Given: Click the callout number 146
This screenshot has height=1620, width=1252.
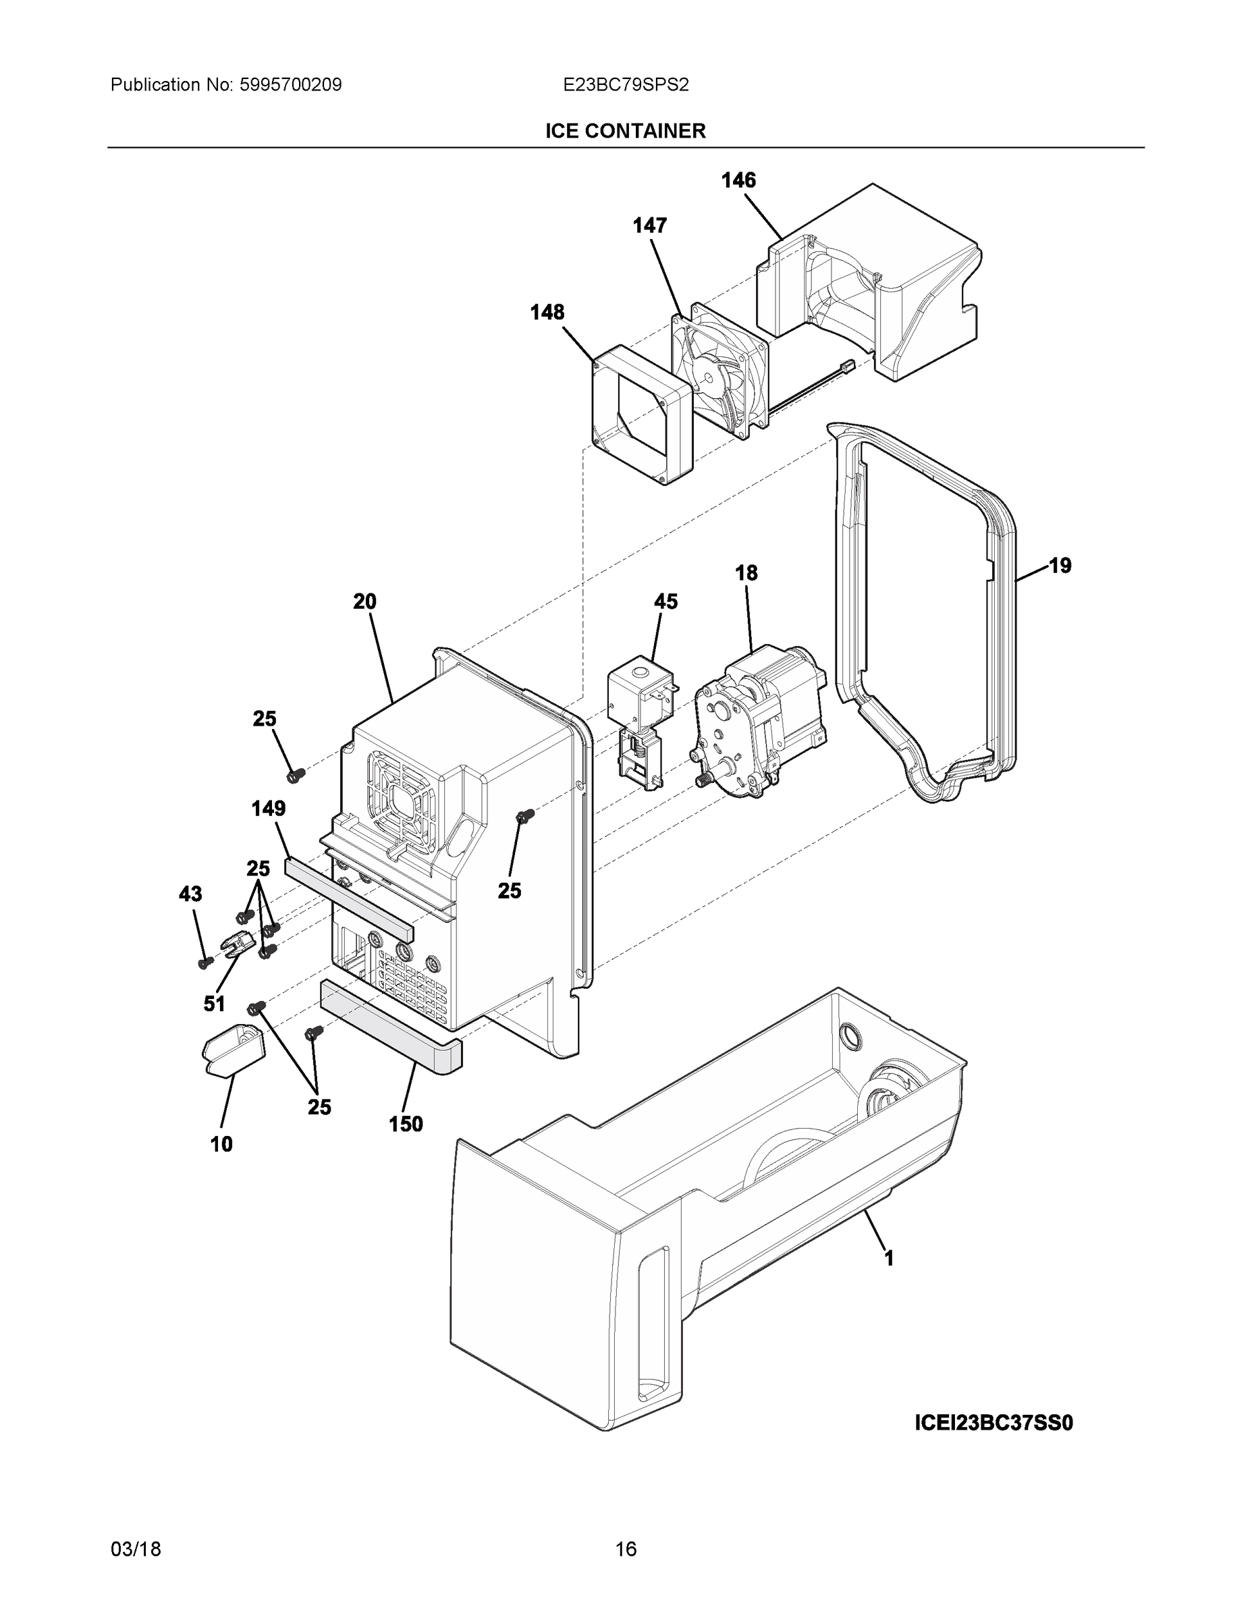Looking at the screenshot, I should (x=739, y=180).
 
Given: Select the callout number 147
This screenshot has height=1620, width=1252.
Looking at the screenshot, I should (x=649, y=225).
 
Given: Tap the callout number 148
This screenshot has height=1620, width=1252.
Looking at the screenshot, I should (x=547, y=313).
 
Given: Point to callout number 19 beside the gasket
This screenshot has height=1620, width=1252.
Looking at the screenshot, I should (x=1060, y=565).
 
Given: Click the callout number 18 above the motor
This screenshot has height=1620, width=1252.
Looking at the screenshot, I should (x=746, y=572).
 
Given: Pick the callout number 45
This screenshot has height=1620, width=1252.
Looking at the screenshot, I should (x=665, y=601).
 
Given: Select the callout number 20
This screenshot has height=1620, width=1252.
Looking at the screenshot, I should (x=364, y=601).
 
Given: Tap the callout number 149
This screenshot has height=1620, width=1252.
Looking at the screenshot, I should (x=269, y=809).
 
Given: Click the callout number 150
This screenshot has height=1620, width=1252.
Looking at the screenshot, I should (x=406, y=1124).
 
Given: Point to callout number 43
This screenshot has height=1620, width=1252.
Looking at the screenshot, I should (x=190, y=894).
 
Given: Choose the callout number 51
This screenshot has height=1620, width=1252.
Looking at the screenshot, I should (x=215, y=1004).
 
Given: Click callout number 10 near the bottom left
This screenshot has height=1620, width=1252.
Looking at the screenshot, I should (x=221, y=1145).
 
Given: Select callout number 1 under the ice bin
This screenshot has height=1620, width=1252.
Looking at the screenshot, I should (x=889, y=1258).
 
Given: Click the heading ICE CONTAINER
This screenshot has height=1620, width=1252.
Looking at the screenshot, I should (x=625, y=132).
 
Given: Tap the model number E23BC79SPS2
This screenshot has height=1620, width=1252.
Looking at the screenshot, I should (x=625, y=85).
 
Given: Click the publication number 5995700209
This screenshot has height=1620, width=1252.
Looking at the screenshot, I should (x=290, y=85).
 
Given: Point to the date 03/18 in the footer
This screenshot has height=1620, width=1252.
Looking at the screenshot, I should (x=136, y=1549).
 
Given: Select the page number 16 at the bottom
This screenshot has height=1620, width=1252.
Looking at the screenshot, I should (x=625, y=1549).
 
